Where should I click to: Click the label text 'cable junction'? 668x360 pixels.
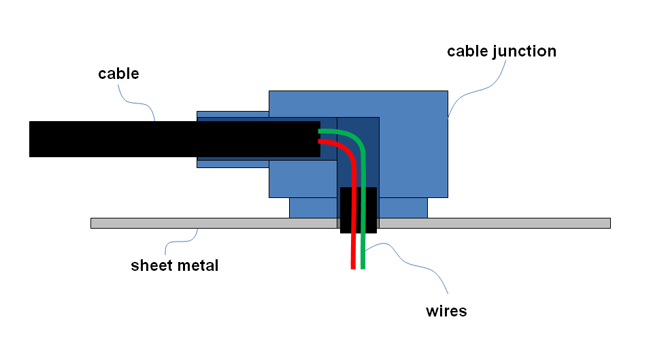(501, 52)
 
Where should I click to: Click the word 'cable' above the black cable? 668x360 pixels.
(118, 73)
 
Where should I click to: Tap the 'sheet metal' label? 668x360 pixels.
(175, 265)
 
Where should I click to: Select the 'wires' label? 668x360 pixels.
(446, 312)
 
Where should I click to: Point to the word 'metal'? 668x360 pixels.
(197, 265)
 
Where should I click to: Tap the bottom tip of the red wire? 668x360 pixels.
(353, 267)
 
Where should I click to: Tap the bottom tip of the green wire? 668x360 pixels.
(363, 267)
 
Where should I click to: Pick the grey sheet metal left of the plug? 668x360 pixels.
(204, 223)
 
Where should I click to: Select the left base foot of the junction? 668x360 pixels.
(313, 208)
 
